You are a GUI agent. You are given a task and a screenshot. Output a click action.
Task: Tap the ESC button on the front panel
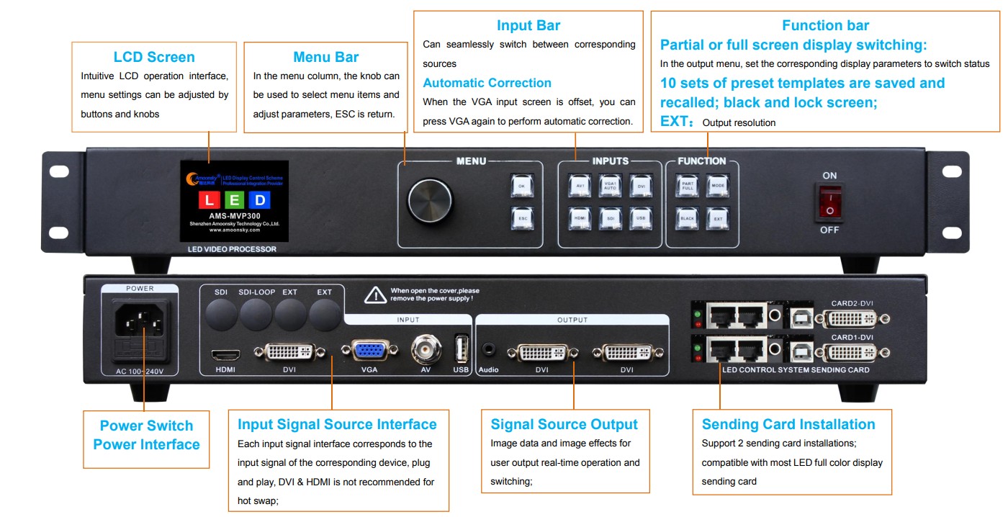pyautogui.click(x=521, y=217)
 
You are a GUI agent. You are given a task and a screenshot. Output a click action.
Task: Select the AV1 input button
pyautogui.click(x=579, y=185)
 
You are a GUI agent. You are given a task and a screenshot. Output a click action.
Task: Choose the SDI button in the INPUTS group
pyautogui.click(x=610, y=217)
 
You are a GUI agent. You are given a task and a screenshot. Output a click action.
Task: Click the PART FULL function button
pyautogui.click(x=687, y=185)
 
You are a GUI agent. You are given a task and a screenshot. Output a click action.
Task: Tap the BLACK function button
pyautogui.click(x=687, y=217)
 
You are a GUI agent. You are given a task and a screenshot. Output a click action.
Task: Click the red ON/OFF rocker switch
pyautogui.click(x=829, y=202)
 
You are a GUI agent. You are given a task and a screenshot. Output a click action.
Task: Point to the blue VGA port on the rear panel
pyautogui.click(x=369, y=351)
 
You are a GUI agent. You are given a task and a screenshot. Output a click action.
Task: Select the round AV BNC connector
pyautogui.click(x=426, y=351)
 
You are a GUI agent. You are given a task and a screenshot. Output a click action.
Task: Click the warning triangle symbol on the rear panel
pyautogui.click(x=375, y=295)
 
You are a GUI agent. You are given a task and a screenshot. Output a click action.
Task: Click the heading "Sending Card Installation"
pyautogui.click(x=788, y=424)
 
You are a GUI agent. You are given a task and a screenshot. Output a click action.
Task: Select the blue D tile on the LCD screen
pyautogui.click(x=260, y=199)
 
